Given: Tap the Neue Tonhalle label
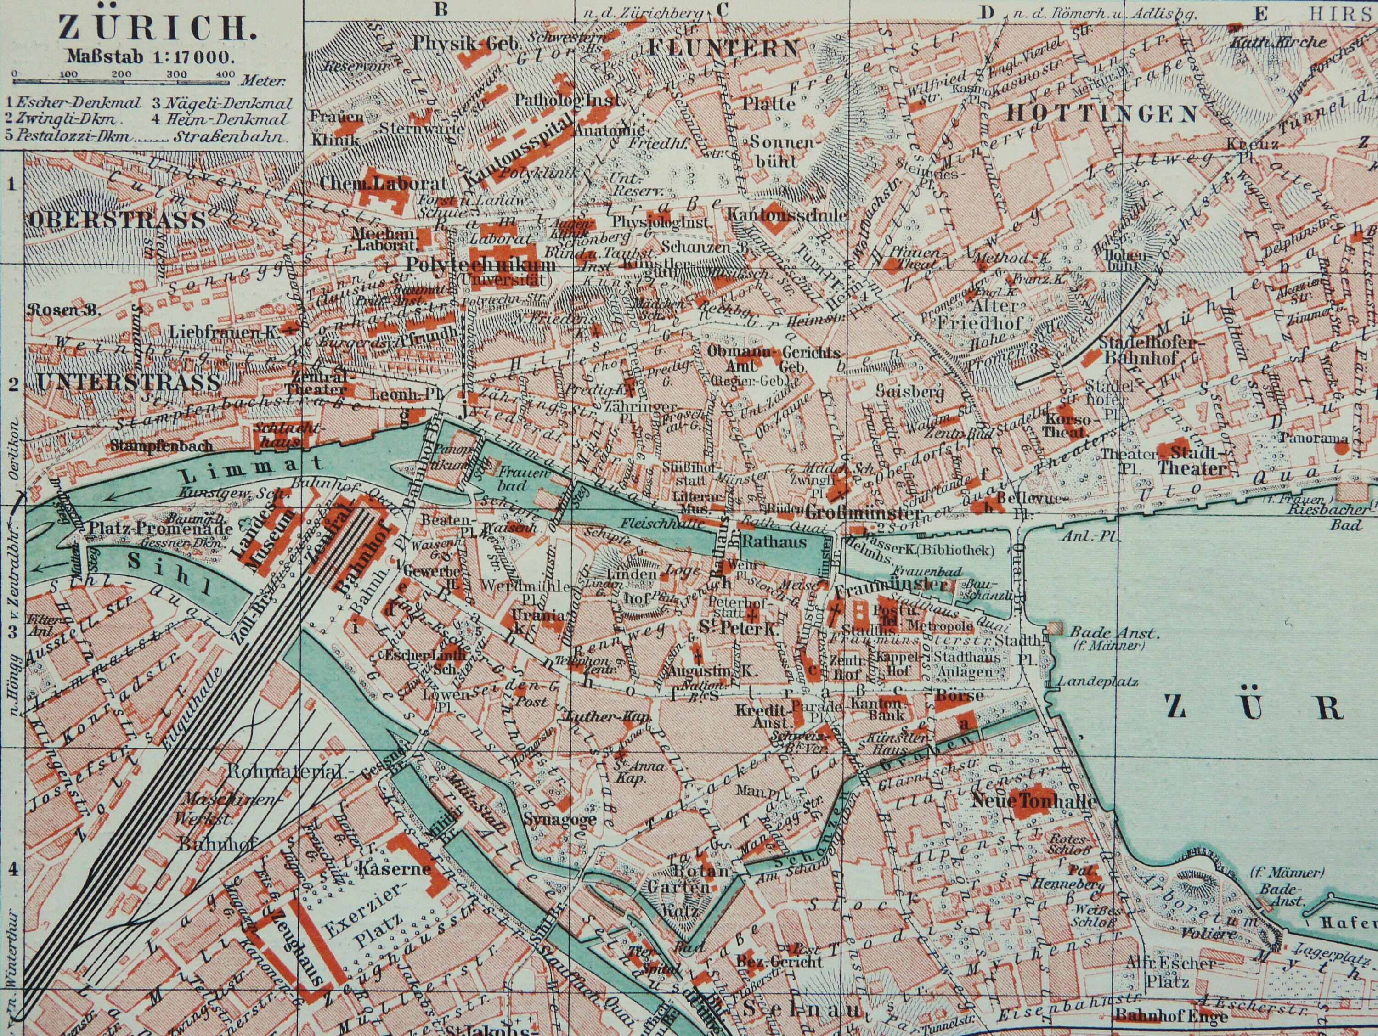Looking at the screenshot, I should (x=1032, y=801).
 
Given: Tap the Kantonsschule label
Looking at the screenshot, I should (x=787, y=215).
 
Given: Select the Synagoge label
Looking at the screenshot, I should (x=560, y=819).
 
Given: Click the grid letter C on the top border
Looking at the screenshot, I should (x=722, y=9).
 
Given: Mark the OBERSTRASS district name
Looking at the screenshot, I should (x=117, y=220).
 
